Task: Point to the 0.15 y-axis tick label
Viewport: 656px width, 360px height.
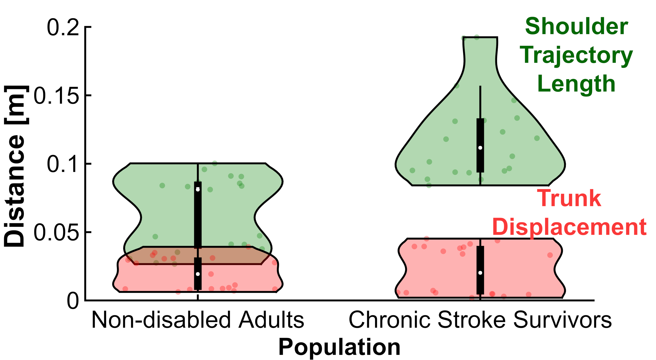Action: [x=56, y=96]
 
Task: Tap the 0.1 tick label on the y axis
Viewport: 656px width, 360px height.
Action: [x=63, y=164]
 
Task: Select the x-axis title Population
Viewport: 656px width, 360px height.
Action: [x=340, y=347]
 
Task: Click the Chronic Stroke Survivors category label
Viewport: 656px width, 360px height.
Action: [x=480, y=320]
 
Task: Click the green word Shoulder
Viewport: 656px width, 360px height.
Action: [x=576, y=27]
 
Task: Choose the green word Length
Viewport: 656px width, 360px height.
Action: [x=576, y=84]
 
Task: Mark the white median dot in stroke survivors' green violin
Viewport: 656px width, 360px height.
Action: [x=480, y=148]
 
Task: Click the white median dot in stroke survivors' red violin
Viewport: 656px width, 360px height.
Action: [x=480, y=273]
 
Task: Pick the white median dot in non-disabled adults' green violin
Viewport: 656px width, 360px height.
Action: [x=198, y=190]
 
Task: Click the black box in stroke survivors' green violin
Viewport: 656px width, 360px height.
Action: [x=480, y=133]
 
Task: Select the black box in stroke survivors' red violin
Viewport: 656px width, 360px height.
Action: [x=480, y=257]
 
